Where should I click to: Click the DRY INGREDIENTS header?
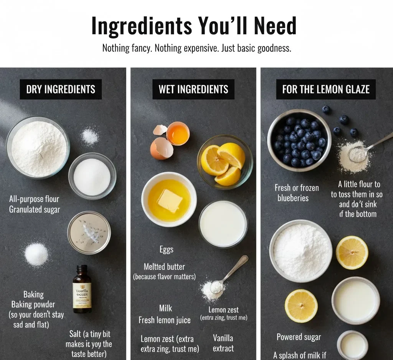pos(61,90)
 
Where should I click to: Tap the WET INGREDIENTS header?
pos(193,90)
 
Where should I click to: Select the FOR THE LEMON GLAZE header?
pos(326,90)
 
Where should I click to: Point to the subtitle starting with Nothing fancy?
pos(196,48)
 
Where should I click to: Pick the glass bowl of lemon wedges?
pos(225,162)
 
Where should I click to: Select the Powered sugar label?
pos(299,337)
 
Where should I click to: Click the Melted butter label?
pos(164,267)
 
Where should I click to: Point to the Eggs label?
pos(167,250)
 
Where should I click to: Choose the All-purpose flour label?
pos(35,199)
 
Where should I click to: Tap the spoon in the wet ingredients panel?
pos(231,273)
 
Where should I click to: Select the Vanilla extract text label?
pos(223,343)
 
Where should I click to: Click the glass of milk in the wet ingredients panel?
pos(223,224)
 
